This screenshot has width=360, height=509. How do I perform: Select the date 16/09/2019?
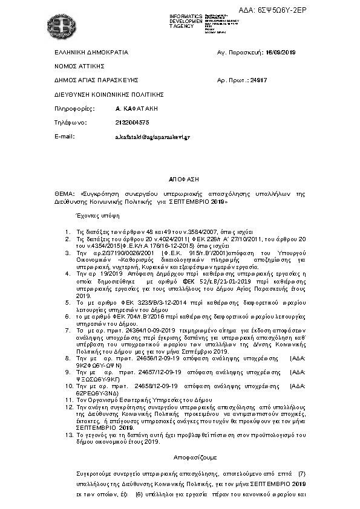[283, 53]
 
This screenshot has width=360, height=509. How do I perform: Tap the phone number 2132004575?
[132, 123]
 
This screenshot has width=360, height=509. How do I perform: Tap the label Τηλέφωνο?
[71, 123]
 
